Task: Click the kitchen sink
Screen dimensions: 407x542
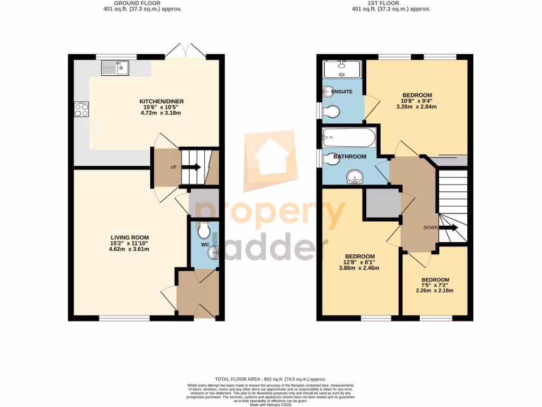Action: pyautogui.click(x=115, y=68)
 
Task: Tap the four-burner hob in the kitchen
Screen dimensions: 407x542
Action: pyautogui.click(x=82, y=110)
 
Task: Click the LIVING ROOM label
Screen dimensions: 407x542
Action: pyautogui.click(x=130, y=237)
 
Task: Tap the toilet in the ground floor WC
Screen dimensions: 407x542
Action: pyautogui.click(x=203, y=231)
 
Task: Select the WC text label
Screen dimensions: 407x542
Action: pyautogui.click(x=205, y=245)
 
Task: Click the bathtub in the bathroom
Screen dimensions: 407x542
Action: pyautogui.click(x=349, y=138)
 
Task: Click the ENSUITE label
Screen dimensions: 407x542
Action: pyautogui.click(x=341, y=92)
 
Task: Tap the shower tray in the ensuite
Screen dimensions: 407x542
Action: pyautogui.click(x=342, y=69)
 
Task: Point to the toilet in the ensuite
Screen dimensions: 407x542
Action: pyautogui.click(x=332, y=111)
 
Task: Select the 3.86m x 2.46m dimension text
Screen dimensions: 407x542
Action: pyautogui.click(x=359, y=268)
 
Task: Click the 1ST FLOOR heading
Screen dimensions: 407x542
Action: pyautogui.click(x=391, y=3)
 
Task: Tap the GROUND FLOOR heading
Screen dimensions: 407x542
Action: pyautogui.click(x=142, y=3)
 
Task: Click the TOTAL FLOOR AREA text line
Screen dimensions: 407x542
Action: pyautogui.click(x=270, y=379)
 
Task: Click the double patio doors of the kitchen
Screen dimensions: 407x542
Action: pyautogui.click(x=185, y=51)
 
